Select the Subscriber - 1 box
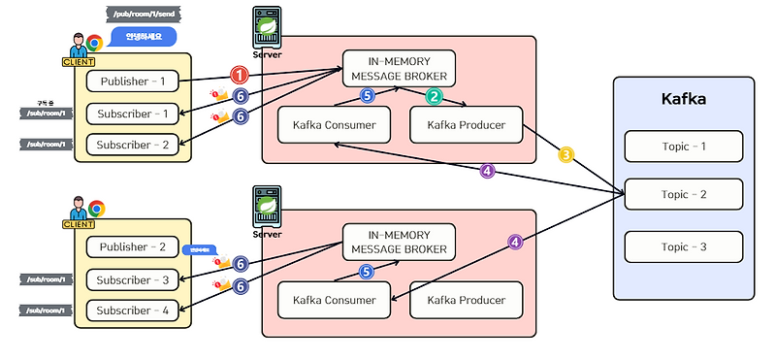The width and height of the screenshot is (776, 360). (x=132, y=114)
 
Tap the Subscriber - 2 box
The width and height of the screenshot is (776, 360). (x=132, y=145)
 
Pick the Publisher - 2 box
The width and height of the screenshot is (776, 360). (x=132, y=246)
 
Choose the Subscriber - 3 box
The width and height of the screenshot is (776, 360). (x=132, y=280)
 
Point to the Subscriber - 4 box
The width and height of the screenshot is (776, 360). (x=132, y=311)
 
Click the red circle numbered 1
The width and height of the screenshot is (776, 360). (x=240, y=75)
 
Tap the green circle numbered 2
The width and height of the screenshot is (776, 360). (x=434, y=96)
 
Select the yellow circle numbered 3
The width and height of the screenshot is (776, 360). (x=566, y=154)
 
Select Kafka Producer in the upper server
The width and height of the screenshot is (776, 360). (x=466, y=123)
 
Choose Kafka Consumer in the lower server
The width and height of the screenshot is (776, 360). (x=335, y=300)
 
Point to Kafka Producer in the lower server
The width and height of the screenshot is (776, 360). (x=466, y=300)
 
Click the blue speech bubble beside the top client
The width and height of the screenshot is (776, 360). (x=144, y=37)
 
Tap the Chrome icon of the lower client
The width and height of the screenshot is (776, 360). (x=96, y=209)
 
